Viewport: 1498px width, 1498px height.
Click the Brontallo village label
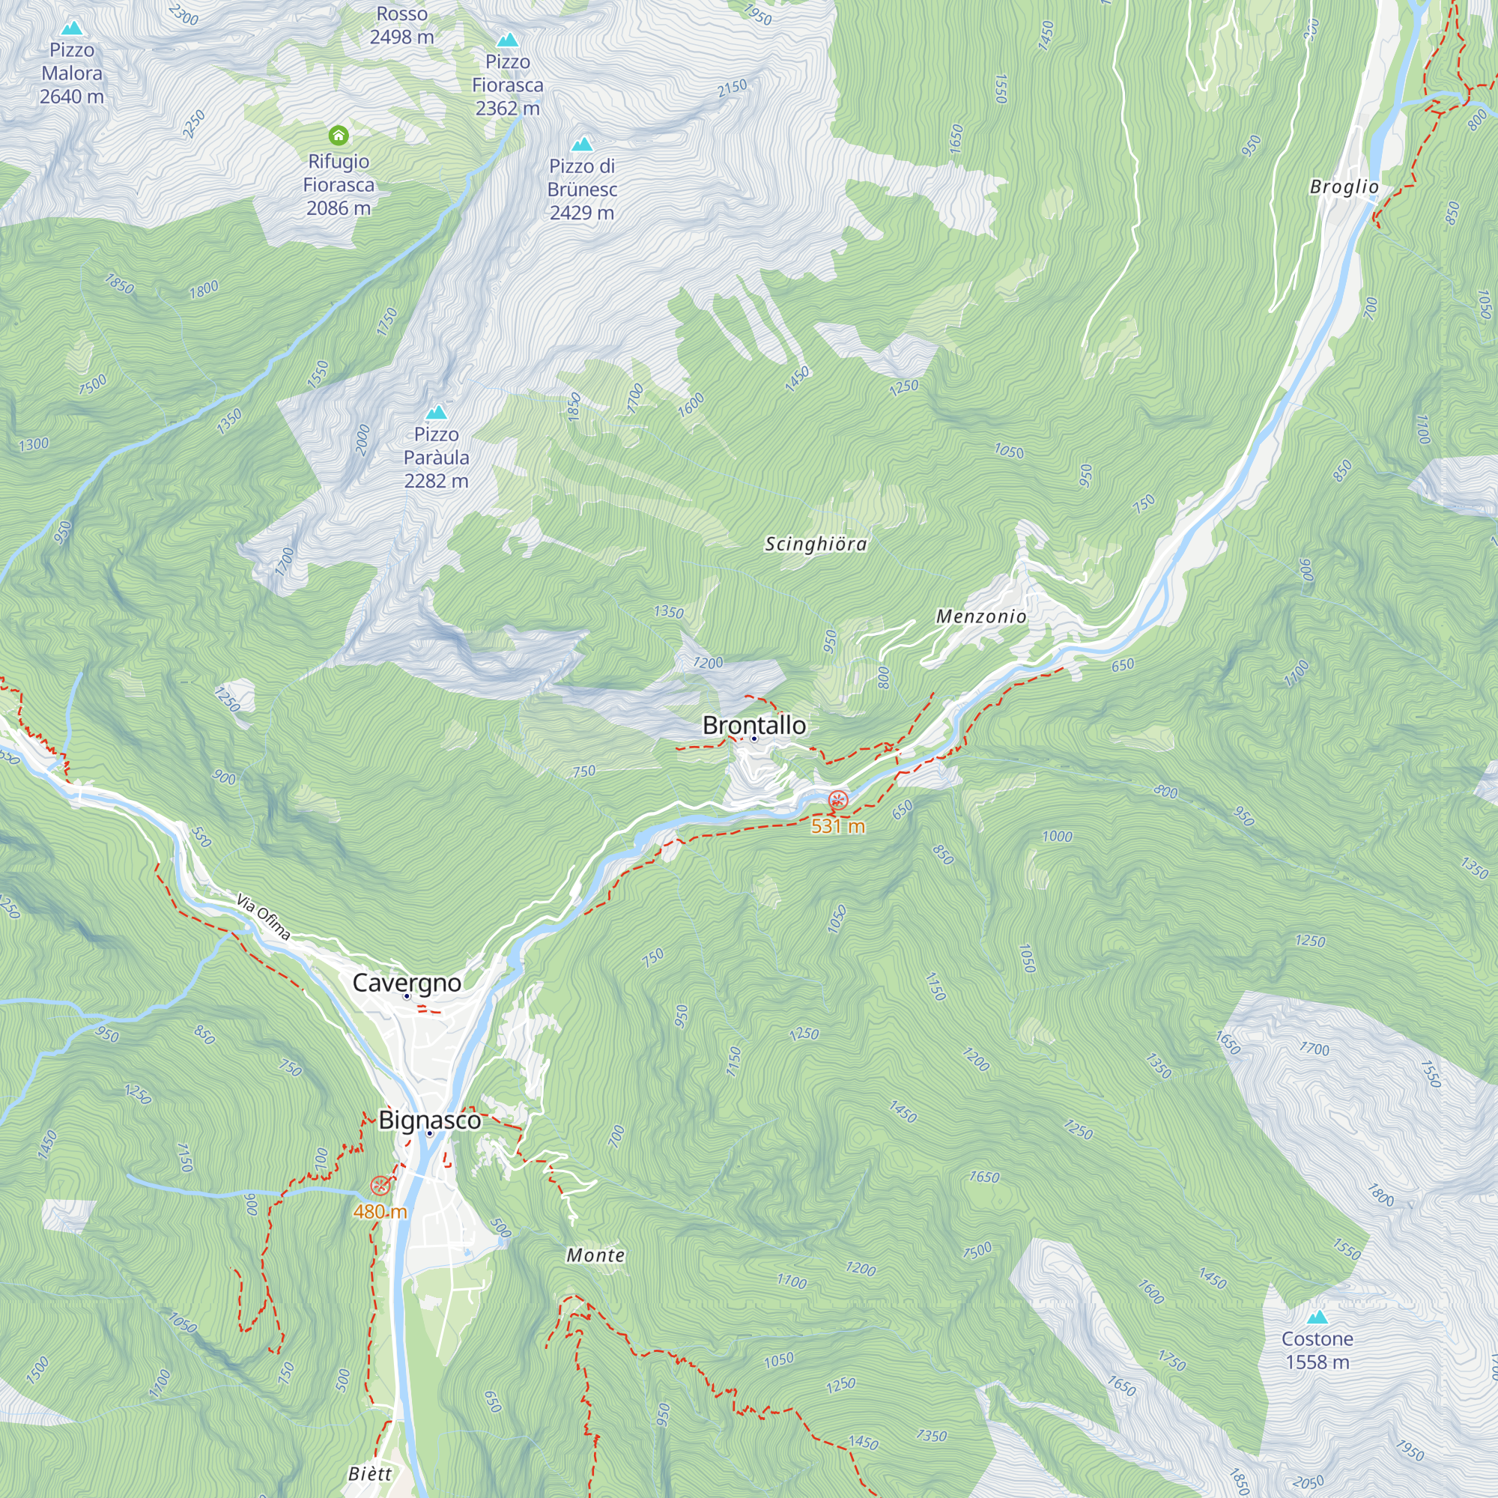tap(753, 725)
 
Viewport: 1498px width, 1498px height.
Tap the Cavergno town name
tap(406, 983)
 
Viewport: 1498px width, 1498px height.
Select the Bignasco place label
tap(429, 1120)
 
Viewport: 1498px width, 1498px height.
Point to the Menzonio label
tap(981, 616)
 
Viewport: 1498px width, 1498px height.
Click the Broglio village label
tap(1344, 187)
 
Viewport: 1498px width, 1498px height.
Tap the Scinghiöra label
tap(816, 545)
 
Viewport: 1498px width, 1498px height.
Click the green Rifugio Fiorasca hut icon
tap(338, 136)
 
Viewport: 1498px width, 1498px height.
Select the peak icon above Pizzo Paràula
tap(437, 412)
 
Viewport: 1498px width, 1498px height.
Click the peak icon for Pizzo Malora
tap(72, 28)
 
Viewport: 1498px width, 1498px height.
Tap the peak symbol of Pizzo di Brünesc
tap(581, 144)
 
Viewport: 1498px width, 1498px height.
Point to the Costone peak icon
tap(1317, 1317)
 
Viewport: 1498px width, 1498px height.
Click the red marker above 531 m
tap(837, 799)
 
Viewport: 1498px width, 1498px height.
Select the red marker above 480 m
tap(380, 1185)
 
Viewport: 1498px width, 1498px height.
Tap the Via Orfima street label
tap(264, 918)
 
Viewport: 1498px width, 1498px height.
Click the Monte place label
tap(595, 1255)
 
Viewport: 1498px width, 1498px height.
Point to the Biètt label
tap(370, 1474)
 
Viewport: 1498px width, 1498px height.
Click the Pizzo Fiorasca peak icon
tap(507, 40)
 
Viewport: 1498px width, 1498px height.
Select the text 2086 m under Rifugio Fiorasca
tap(338, 207)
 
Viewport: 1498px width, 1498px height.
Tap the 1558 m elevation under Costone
tap(1317, 1362)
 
